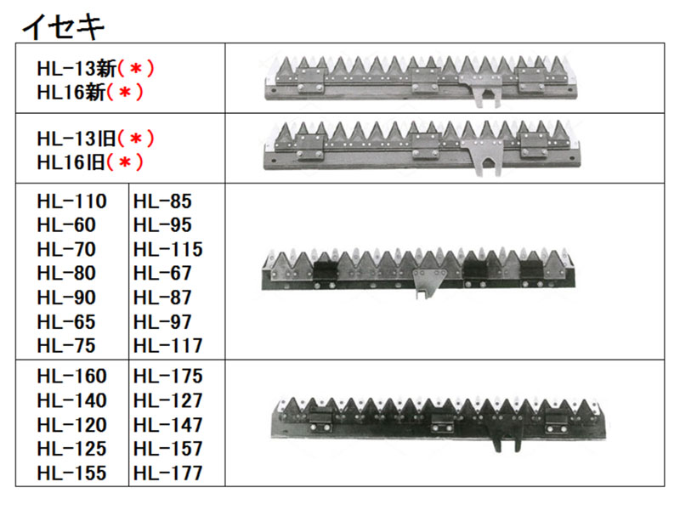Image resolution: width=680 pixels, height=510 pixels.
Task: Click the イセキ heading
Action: coord(63,26)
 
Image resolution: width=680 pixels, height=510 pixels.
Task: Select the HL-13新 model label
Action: coord(76,69)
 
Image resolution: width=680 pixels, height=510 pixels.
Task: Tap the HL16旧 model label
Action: coord(71,162)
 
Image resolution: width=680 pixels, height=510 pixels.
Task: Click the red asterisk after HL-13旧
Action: coord(136,139)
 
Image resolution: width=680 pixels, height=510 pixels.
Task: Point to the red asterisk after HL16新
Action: coord(125,92)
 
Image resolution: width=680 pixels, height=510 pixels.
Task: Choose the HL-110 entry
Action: coord(72,201)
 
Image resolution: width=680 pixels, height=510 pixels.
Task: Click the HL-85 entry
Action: coord(162,201)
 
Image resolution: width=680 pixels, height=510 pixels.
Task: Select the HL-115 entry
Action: coord(167,249)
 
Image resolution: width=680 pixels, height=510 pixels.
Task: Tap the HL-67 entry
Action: coord(162,273)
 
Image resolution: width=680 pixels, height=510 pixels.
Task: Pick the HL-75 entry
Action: coord(66,346)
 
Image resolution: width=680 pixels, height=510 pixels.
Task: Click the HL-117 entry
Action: coord(167,346)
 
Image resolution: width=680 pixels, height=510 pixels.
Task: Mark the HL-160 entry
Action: coord(72,376)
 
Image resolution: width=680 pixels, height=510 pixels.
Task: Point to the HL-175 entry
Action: coord(167,376)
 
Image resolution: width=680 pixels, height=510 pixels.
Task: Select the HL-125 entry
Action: coord(72,449)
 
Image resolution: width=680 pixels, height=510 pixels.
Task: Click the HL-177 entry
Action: coord(167,473)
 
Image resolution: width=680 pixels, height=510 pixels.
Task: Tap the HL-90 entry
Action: coord(66,297)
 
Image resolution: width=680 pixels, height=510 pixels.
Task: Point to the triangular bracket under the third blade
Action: coord(428,283)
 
